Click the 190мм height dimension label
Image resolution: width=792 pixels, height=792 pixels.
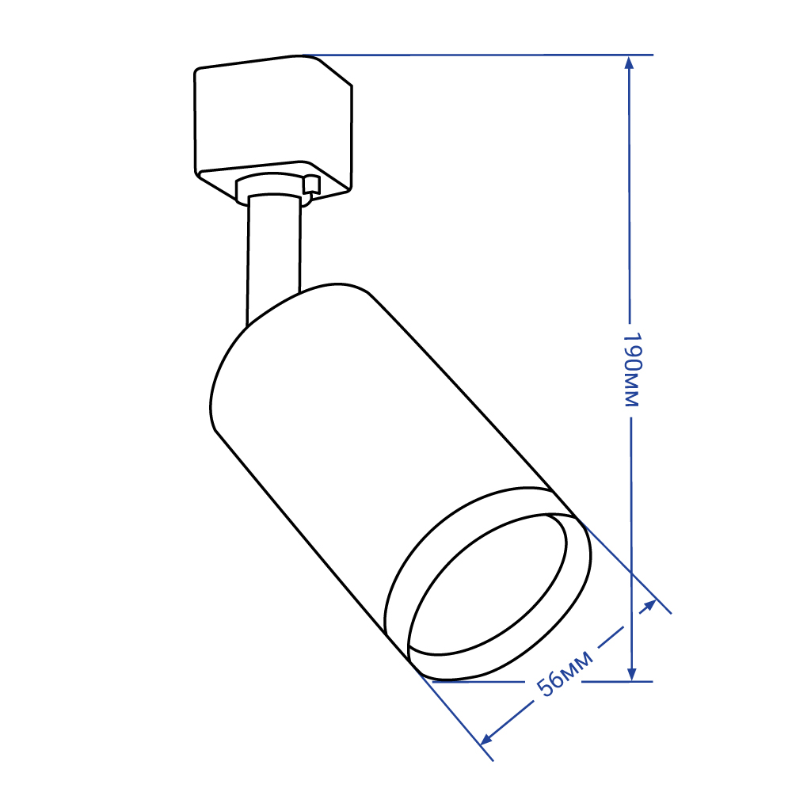coord(632,369)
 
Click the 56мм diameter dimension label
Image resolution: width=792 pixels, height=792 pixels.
coord(565,673)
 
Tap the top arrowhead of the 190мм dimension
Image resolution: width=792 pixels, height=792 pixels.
coord(629,63)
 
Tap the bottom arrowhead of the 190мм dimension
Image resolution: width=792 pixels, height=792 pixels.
coord(631,674)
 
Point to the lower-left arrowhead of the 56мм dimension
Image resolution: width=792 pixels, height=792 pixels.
coord(485,739)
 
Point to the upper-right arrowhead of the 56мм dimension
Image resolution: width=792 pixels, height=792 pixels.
coord(649,605)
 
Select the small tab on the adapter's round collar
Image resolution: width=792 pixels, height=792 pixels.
coord(311,185)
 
